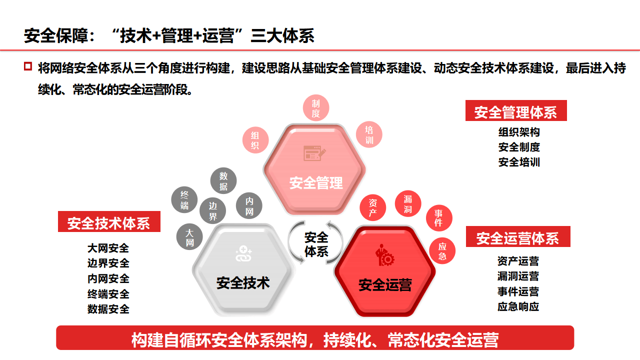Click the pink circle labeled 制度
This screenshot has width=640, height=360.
(316, 108)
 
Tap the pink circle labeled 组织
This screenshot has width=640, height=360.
(255, 139)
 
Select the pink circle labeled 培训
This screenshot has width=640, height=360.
(369, 134)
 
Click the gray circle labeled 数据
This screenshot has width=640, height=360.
(223, 181)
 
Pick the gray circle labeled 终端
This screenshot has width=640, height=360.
(184, 199)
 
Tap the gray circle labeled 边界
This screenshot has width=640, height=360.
(213, 211)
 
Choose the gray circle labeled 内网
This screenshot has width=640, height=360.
(249, 206)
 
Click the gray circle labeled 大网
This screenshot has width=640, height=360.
(189, 237)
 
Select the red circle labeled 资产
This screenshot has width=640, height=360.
(373, 207)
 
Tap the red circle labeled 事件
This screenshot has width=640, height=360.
(438, 218)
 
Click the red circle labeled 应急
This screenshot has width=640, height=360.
(442, 251)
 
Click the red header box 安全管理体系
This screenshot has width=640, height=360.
(516, 111)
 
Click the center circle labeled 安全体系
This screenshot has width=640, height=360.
(316, 243)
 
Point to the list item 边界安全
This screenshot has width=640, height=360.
(108, 263)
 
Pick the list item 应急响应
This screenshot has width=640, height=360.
(518, 306)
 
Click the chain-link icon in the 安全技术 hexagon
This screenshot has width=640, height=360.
(243, 254)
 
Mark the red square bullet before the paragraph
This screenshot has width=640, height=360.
(28, 66)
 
